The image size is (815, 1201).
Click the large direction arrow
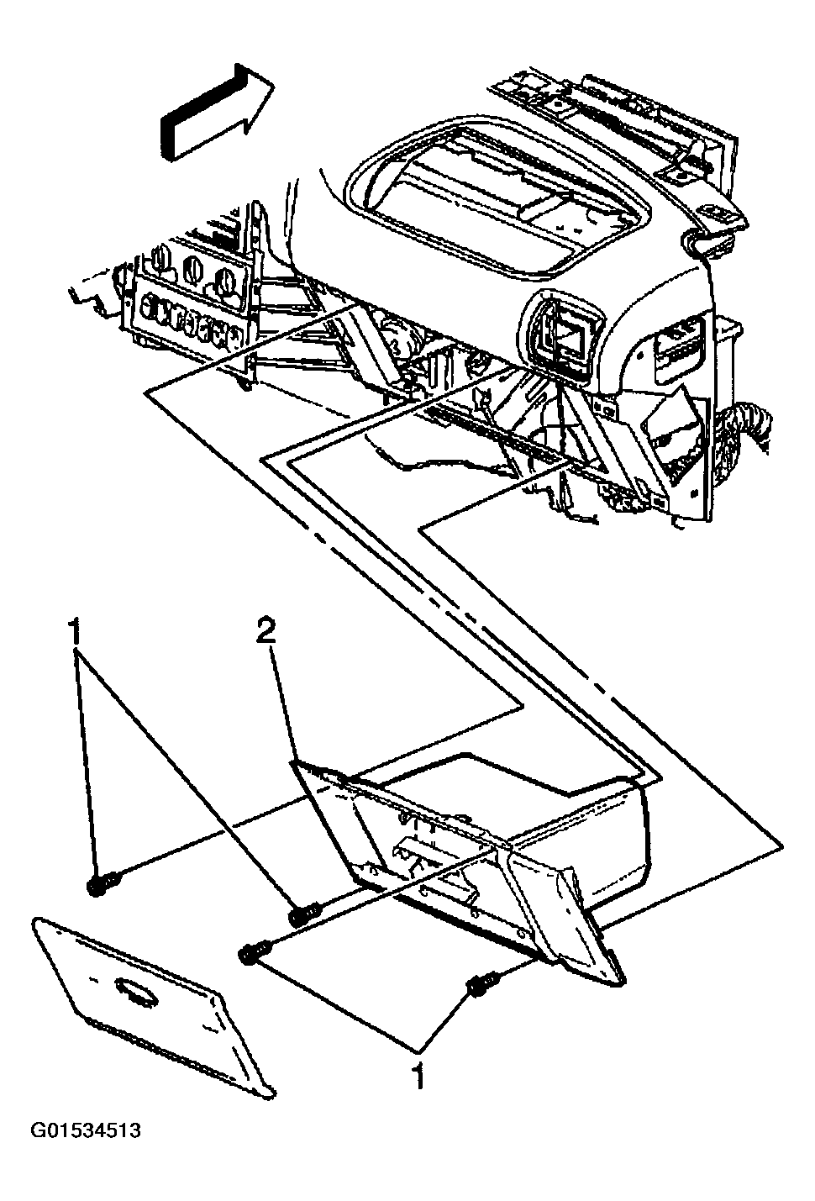pos(217,113)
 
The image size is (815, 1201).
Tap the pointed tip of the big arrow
pos(274,84)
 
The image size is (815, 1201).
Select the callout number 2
pos(266,633)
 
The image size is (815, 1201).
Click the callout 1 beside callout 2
pos(76,633)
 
